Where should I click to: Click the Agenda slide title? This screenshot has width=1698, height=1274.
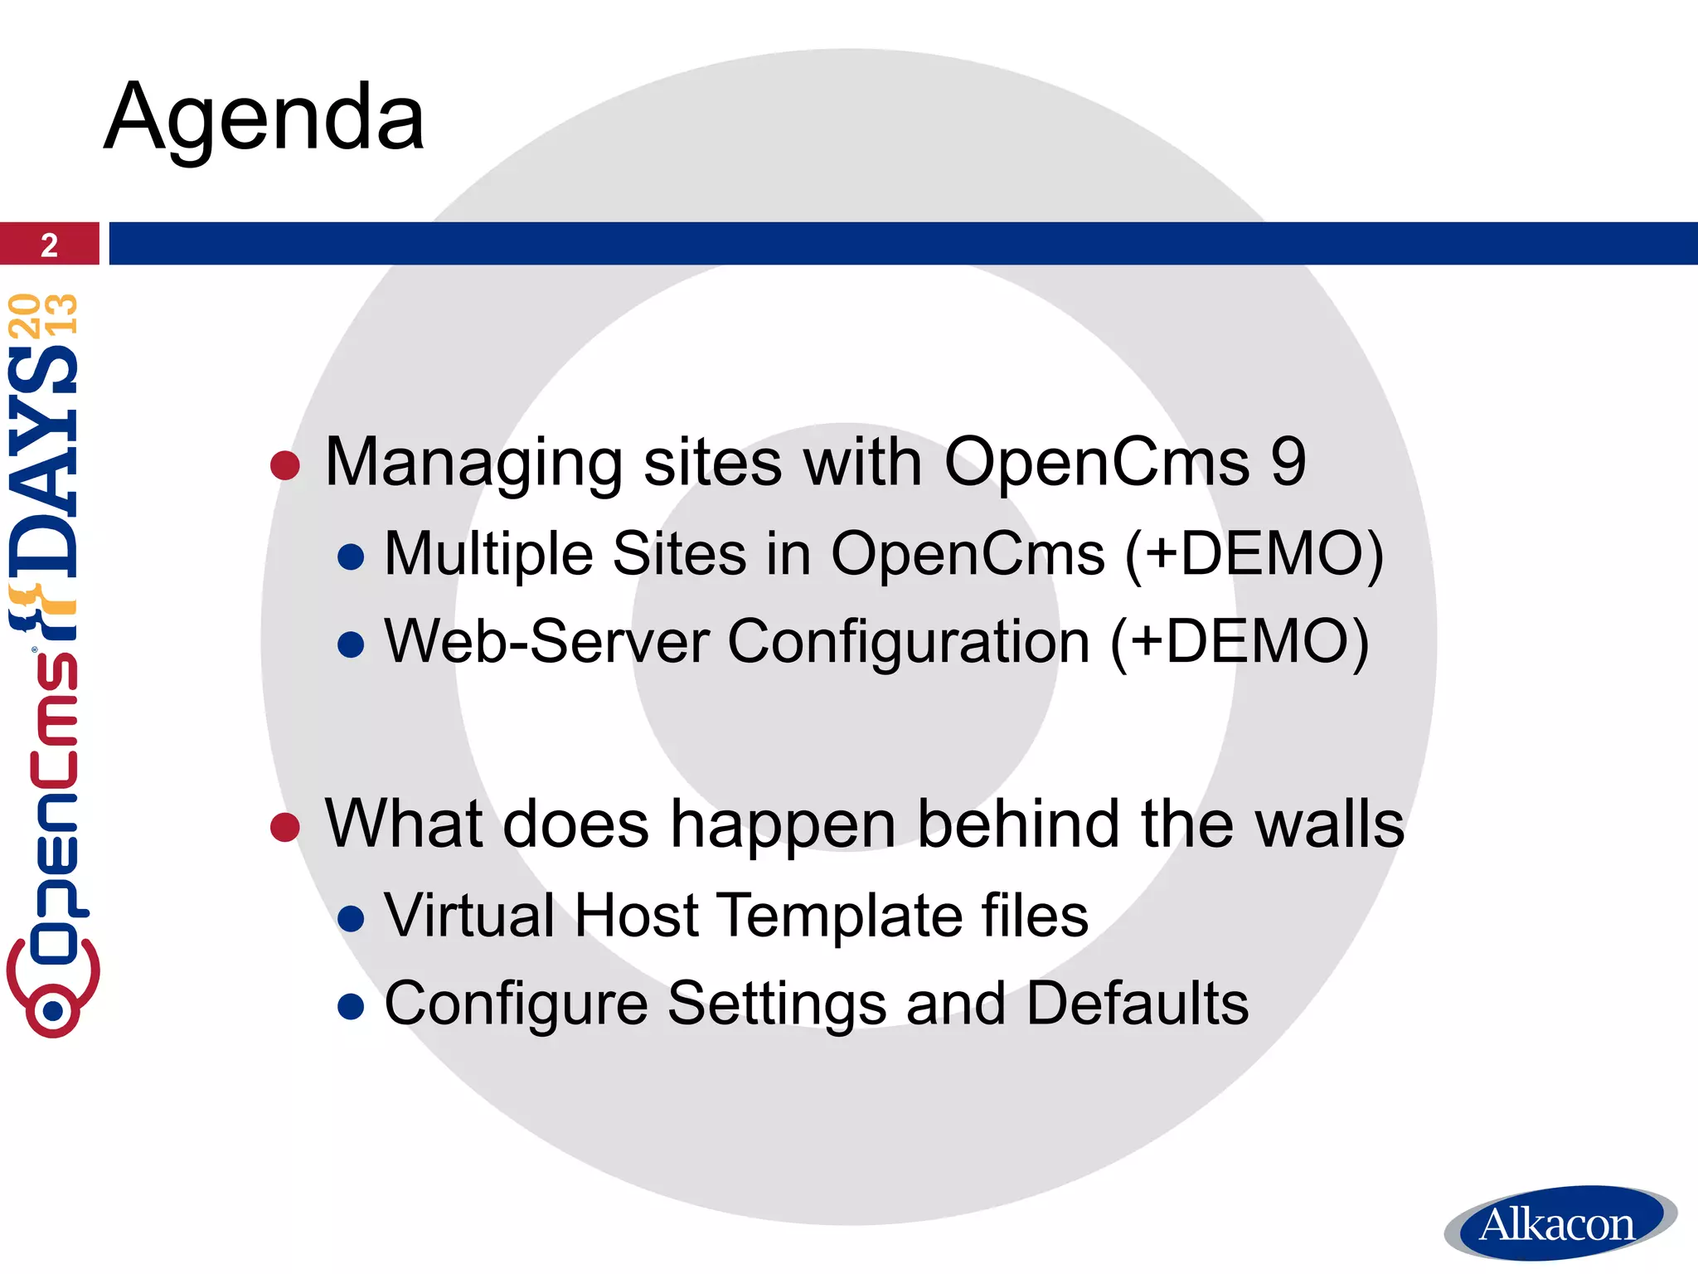tap(264, 118)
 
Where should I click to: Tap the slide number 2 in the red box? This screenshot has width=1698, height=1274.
tap(49, 245)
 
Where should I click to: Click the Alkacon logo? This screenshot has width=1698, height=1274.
tap(1559, 1224)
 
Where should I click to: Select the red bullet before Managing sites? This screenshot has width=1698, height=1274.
tap(284, 465)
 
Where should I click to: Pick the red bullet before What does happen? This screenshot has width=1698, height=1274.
tap(284, 827)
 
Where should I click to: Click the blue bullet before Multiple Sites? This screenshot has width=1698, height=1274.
tap(352, 557)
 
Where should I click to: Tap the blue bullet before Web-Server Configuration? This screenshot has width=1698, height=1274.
tap(352, 644)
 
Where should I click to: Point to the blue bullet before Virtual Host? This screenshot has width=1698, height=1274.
tap(352, 918)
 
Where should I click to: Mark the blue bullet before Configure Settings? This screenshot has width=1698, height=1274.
tap(352, 1006)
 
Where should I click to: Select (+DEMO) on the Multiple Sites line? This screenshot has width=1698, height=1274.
tap(1254, 554)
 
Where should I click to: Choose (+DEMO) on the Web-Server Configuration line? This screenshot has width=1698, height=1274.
tap(1240, 642)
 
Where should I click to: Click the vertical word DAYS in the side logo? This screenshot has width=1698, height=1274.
tap(43, 461)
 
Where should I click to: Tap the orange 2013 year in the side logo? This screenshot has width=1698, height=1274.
tap(43, 315)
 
